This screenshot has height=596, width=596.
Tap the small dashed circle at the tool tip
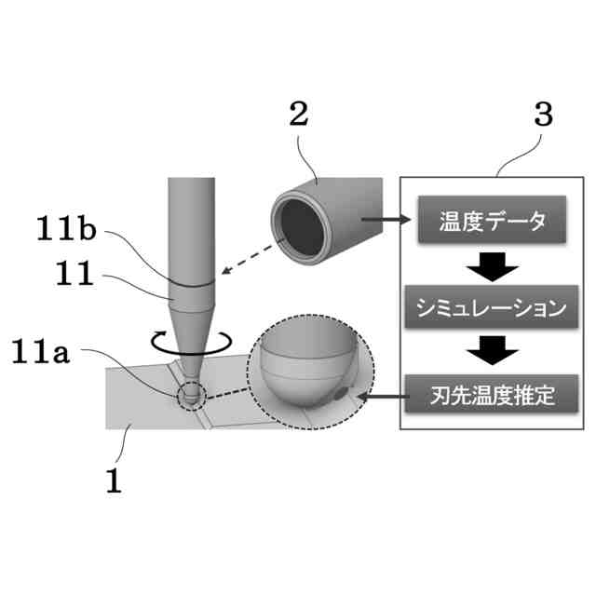(191, 394)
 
